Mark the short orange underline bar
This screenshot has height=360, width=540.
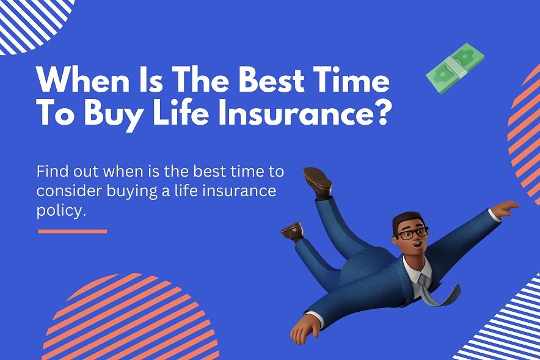click(72, 231)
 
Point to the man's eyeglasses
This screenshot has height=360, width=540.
click(410, 233)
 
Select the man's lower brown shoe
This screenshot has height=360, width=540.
click(292, 231)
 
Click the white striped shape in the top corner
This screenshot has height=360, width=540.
click(31, 21)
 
